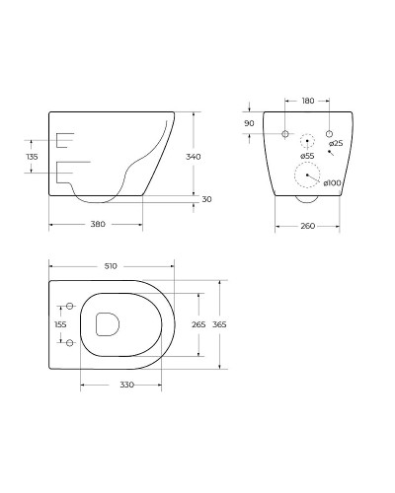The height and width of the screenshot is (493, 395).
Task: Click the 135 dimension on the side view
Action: pyautogui.click(x=32, y=156)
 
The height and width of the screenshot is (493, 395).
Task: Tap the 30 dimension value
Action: pyautogui.click(x=205, y=200)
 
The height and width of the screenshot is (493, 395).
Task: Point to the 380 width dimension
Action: pyautogui.click(x=98, y=224)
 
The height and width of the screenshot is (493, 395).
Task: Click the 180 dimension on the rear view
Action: pyautogui.click(x=308, y=100)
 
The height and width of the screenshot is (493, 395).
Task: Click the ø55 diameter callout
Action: pyautogui.click(x=307, y=156)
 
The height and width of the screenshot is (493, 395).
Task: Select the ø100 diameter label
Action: pyautogui.click(x=332, y=182)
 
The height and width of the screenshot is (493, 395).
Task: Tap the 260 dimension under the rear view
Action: pyautogui.click(x=307, y=227)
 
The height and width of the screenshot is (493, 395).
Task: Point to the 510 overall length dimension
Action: pyautogui.click(x=111, y=266)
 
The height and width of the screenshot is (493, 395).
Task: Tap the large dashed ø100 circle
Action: pyautogui.click(x=309, y=176)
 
